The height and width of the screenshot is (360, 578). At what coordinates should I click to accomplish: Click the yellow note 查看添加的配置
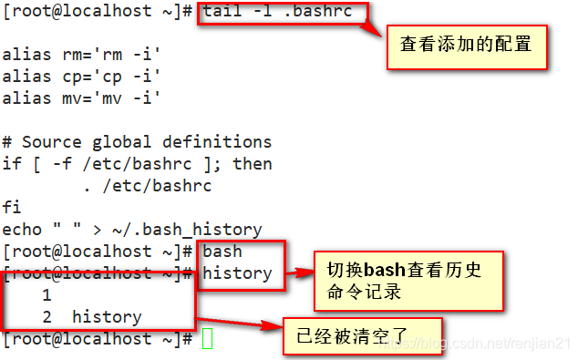coord(466,43)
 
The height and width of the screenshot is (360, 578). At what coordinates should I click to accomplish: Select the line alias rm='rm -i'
coord(81,54)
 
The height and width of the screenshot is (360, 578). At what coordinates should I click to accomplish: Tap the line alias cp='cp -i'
coord(81,76)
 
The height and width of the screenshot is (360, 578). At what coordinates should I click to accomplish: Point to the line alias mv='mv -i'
coord(81,98)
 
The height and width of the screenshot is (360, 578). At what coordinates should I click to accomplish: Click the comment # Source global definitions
coord(137,141)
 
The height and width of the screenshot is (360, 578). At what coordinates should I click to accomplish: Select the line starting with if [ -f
coord(137,164)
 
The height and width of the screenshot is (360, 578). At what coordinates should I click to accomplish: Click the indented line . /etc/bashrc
coord(146,186)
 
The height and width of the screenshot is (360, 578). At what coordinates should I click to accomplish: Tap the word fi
coord(12,208)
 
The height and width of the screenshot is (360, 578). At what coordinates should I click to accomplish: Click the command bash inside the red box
coord(222,252)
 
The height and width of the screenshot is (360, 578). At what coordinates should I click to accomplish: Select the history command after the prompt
coord(237,273)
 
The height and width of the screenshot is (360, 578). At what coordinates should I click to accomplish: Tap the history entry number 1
coord(46,295)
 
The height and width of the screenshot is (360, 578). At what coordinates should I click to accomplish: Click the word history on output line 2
coord(107,317)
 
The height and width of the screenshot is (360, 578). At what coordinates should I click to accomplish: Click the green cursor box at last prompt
coord(207,339)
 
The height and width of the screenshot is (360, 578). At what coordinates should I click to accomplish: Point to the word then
coord(253,164)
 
